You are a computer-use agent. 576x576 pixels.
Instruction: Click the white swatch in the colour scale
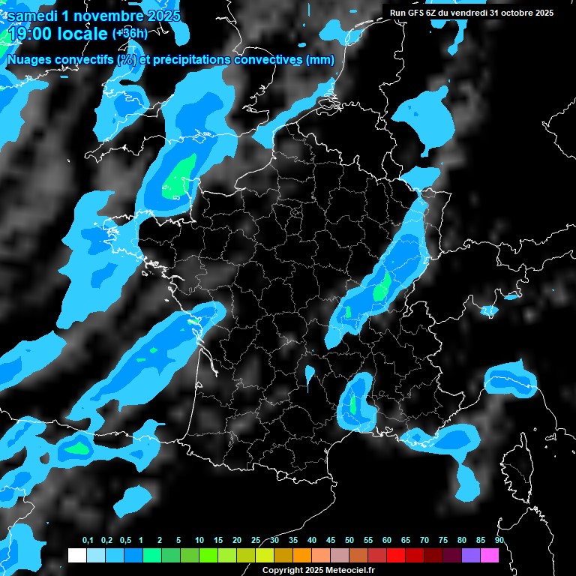[x=76, y=555]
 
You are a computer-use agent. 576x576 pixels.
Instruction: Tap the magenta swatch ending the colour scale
[x=490, y=555]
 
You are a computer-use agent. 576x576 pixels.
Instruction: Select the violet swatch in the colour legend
[x=471, y=555]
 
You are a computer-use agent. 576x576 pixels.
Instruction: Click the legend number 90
[x=499, y=541]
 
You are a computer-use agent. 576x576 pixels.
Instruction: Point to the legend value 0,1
[x=88, y=541]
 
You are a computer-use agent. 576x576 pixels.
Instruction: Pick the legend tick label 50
[x=349, y=541]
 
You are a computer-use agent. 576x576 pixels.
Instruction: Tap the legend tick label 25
[x=256, y=541]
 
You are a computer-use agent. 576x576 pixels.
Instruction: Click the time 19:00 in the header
[x=34, y=34]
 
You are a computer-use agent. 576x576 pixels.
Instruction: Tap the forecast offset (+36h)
[x=130, y=34]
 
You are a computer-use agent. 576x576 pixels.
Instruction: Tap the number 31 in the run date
[x=494, y=13]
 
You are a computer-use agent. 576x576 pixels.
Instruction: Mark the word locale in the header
[x=85, y=34]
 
